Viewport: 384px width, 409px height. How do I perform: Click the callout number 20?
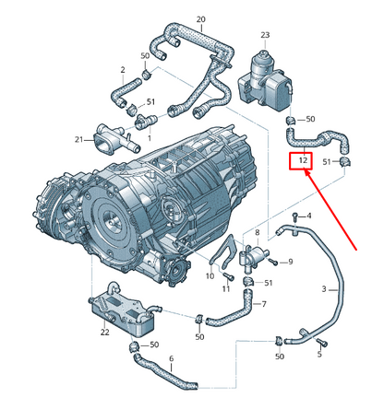pyautogui.click(x=201, y=19)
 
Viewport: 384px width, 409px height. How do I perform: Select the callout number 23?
pyautogui.click(x=265, y=35)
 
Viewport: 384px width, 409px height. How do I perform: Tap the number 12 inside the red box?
pyautogui.click(x=303, y=160)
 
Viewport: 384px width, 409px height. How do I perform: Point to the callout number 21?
pyautogui.click(x=78, y=140)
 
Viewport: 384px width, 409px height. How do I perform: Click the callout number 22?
pyautogui.click(x=105, y=332)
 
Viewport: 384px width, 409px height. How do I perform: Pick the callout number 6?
pyautogui.click(x=172, y=358)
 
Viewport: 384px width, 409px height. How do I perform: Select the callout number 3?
pyautogui.click(x=324, y=289)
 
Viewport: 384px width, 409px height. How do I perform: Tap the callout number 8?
pyautogui.click(x=258, y=232)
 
